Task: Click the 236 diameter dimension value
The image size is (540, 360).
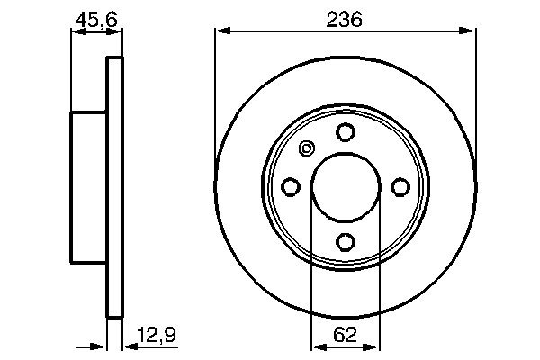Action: point(345,18)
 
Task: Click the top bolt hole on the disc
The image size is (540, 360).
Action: point(345,132)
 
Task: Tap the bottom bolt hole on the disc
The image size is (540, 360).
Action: point(345,241)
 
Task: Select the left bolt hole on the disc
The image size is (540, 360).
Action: point(291,186)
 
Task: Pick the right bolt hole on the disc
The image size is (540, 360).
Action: point(400,186)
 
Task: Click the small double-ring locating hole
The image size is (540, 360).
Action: point(306,149)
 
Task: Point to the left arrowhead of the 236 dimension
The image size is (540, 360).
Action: point(220,32)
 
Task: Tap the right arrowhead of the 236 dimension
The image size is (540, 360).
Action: point(470,32)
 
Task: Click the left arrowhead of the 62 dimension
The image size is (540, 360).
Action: point(315,345)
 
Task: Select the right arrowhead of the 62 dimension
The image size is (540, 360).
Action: point(374,345)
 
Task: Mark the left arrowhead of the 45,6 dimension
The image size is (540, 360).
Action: point(76,32)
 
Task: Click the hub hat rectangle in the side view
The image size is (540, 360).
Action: point(89,187)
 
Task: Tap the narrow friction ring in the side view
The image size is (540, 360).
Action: point(113,187)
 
